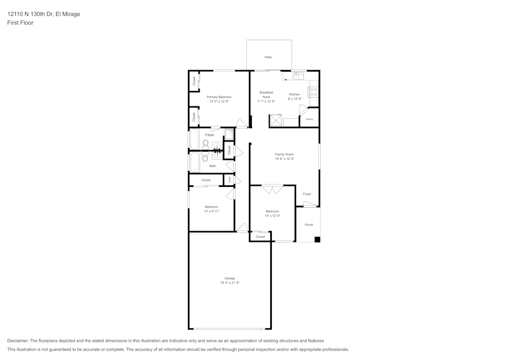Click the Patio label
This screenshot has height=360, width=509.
pyautogui.click(x=268, y=57)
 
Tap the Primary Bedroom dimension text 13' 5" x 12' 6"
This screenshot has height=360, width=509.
pyautogui.click(x=219, y=101)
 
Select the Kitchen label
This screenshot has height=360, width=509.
pyautogui.click(x=295, y=94)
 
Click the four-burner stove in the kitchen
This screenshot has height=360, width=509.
pyautogui.click(x=314, y=92)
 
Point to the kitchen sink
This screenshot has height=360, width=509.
pyautogui.click(x=298, y=76)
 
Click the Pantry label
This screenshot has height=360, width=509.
pyautogui.click(x=309, y=119)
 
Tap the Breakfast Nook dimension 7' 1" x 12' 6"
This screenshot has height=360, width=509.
pyautogui.click(x=266, y=101)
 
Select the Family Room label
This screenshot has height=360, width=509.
pyautogui.click(x=285, y=154)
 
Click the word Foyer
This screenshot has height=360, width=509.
pyautogui.click(x=307, y=194)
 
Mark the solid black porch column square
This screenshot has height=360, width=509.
pyautogui.click(x=317, y=239)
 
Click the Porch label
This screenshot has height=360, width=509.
pyautogui.click(x=309, y=225)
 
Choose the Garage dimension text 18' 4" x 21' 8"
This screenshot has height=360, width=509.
pyautogui.click(x=230, y=283)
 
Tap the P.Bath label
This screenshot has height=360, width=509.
pyautogui.click(x=210, y=135)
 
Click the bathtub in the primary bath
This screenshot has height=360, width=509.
pyautogui.click(x=194, y=139)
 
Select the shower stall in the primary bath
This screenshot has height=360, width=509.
pyautogui.click(x=229, y=134)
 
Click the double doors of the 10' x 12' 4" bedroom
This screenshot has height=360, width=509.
pyautogui.click(x=272, y=189)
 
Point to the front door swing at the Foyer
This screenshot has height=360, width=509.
pyautogui.click(x=309, y=204)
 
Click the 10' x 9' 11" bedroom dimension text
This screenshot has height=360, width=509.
pyautogui.click(x=212, y=211)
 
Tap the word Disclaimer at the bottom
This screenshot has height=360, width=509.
pyautogui.click(x=18, y=341)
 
